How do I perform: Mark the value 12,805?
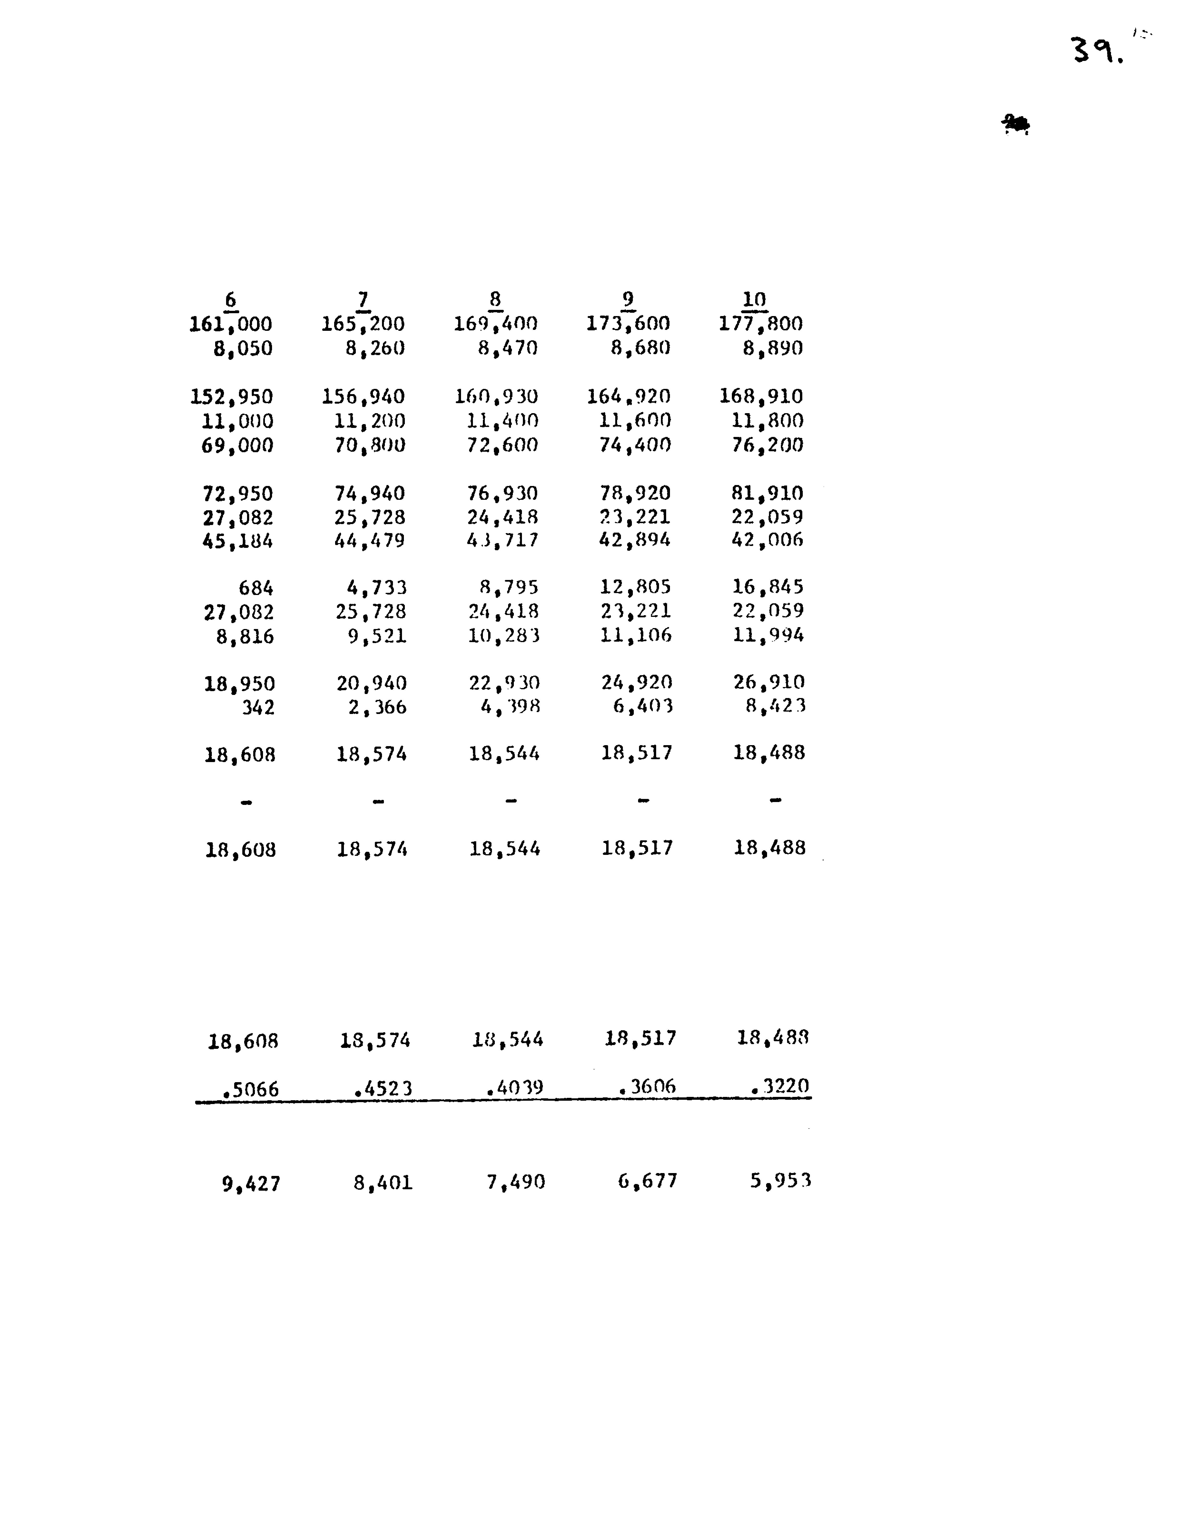click(x=635, y=587)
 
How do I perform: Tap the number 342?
click(x=258, y=707)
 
